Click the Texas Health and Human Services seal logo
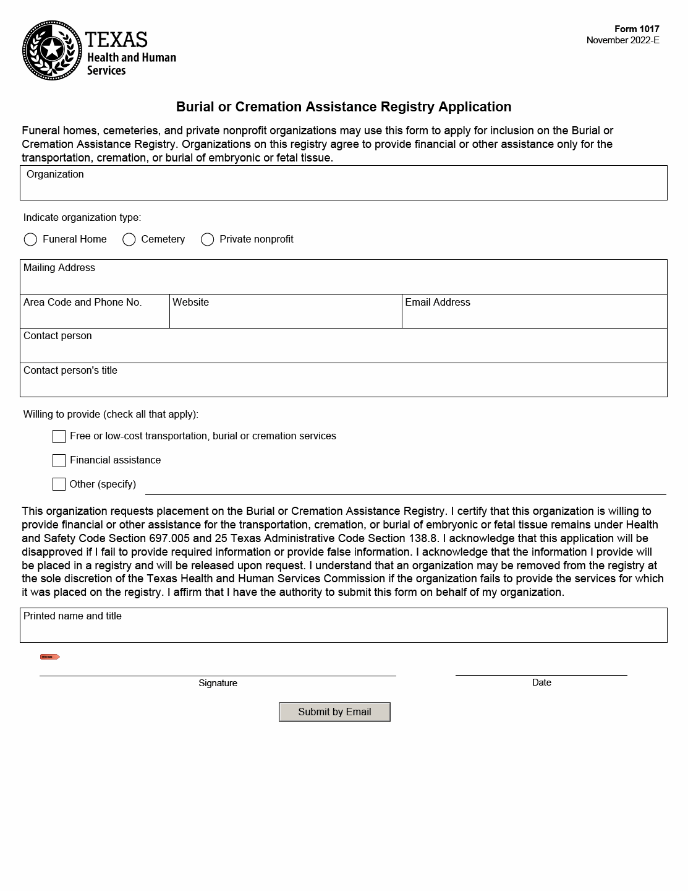52,50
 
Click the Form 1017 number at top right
636,29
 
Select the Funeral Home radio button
30,239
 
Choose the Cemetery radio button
129,239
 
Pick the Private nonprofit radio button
208,239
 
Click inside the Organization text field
343,188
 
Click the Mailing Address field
343,282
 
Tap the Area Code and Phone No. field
95,316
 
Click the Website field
286,316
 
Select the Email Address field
534,316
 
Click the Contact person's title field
343,385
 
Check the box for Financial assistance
59,460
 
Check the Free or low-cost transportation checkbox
59,436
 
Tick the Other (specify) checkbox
59,484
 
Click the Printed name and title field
343,631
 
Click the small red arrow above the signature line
50,656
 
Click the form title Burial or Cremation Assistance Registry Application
344,107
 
